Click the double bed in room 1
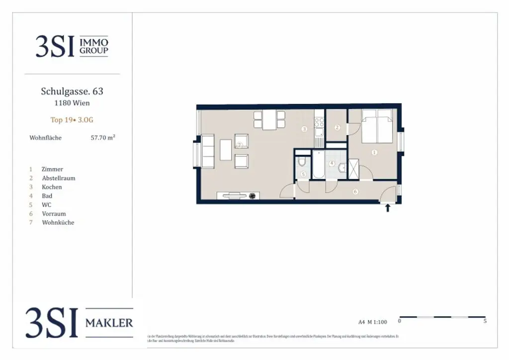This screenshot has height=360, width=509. tap(377, 127)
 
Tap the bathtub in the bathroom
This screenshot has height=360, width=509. tap(318, 165)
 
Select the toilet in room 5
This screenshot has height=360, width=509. tap(302, 162)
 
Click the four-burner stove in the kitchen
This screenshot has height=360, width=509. tap(319, 122)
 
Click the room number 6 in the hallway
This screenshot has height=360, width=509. tap(355, 191)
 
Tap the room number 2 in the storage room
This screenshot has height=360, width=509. tap(337, 128)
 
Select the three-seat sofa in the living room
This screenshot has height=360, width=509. tap(207, 150)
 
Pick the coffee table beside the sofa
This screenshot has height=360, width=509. tap(226, 150)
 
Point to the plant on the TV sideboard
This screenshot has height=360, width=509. tap(253, 195)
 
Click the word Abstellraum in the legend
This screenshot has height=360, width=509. tap(59, 178)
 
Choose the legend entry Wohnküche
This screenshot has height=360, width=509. tap(58, 222)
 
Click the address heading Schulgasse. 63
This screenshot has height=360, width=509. tap(72, 91)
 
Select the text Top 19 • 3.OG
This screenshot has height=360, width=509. tap(72, 120)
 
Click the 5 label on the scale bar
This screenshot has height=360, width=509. tap(485, 322)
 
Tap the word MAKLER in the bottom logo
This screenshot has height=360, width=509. tap(109, 323)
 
